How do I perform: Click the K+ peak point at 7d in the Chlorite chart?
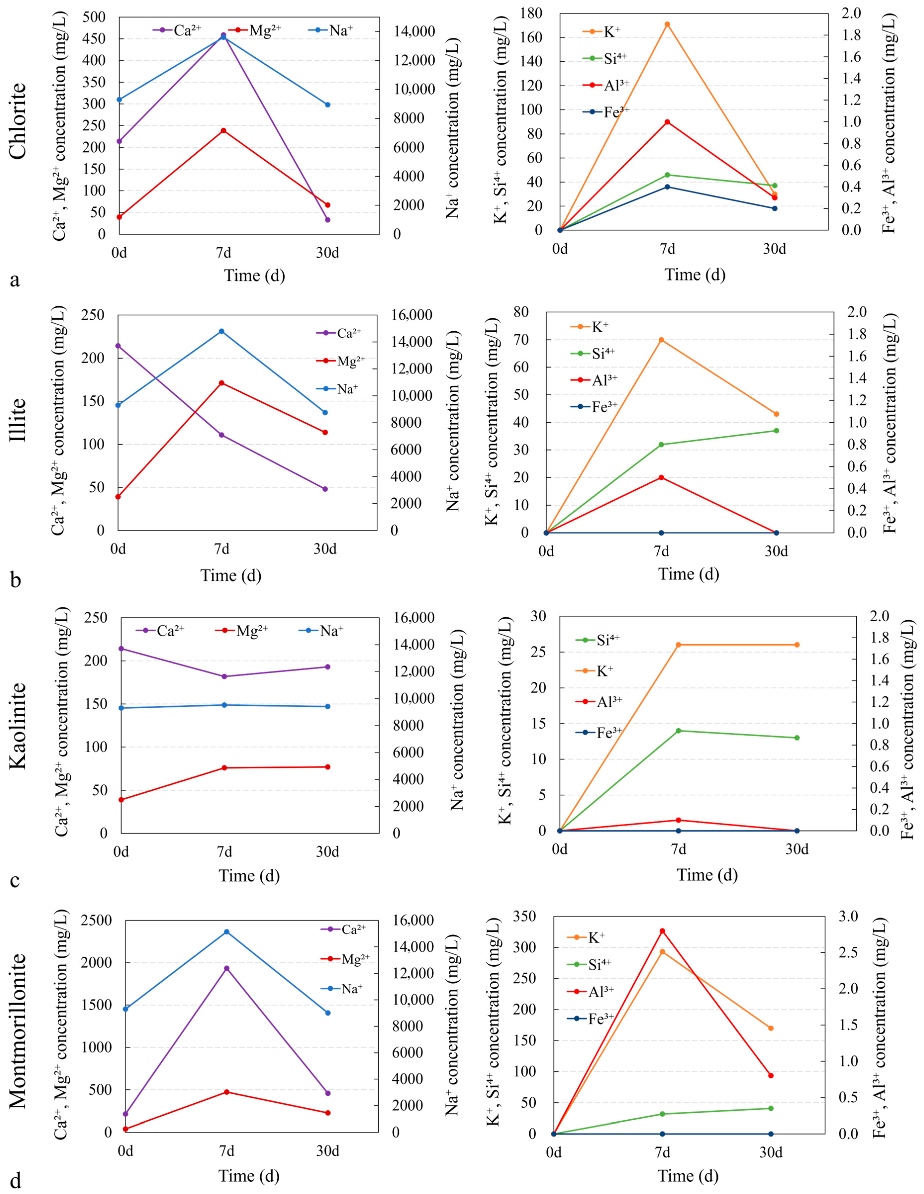(667, 24)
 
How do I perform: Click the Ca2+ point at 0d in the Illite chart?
(118, 346)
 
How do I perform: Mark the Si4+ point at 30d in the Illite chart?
(776, 430)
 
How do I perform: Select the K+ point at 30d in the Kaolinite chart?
(797, 644)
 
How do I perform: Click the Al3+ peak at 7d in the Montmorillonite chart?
(662, 930)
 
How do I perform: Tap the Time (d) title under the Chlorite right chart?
(695, 275)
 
